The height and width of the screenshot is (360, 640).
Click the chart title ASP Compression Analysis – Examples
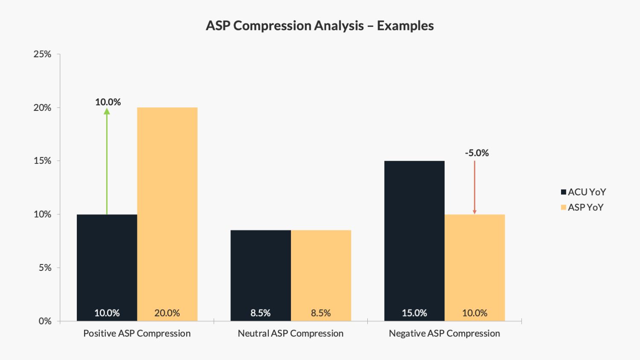point(320,26)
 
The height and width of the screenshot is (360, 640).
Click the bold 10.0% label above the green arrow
point(108,102)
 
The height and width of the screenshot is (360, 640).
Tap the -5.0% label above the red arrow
point(477,153)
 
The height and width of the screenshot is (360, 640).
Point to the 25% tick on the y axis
point(42,54)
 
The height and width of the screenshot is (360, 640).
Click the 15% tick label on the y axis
point(42,161)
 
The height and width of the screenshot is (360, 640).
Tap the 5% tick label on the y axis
point(45,268)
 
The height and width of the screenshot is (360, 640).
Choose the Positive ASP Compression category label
point(137,333)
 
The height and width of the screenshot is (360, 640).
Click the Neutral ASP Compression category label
point(291,333)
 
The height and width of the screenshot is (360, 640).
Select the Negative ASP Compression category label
point(444,333)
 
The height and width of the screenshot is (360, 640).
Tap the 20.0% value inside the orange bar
point(167,313)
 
